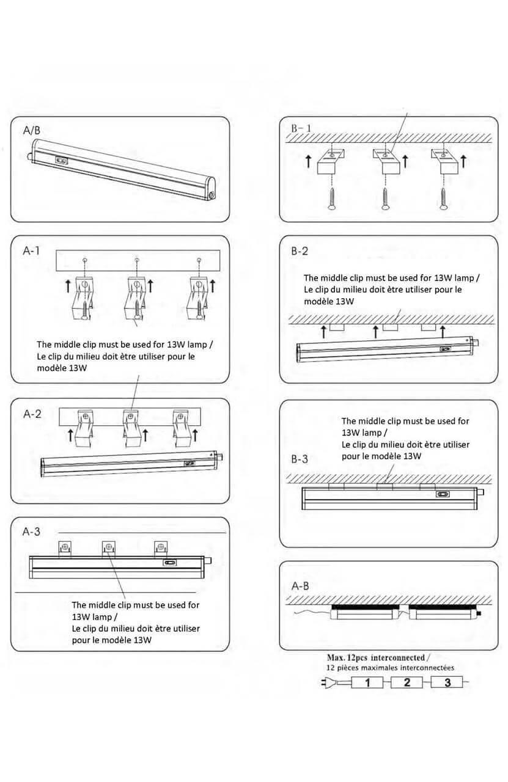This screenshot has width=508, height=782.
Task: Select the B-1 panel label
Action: click(301, 128)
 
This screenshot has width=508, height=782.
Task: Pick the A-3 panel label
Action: click(31, 532)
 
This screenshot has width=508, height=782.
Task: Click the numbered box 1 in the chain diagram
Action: click(367, 682)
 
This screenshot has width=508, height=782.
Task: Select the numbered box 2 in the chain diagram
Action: click(407, 682)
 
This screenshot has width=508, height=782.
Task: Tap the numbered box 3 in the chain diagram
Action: click(447, 682)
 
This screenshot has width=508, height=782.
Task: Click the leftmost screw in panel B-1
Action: click(331, 199)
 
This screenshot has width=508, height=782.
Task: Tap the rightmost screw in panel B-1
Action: click(443, 199)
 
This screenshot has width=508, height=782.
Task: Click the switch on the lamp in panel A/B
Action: click(62, 161)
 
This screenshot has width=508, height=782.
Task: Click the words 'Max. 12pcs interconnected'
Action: click(375, 657)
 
